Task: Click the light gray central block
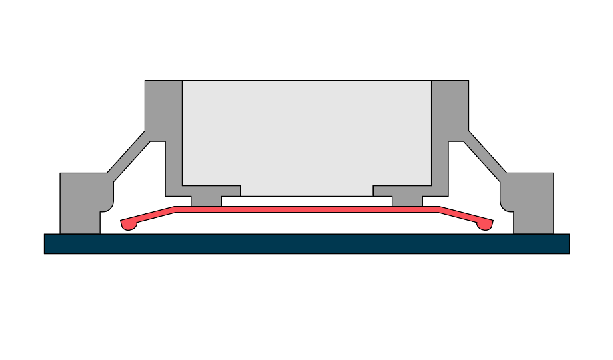pyautogui.click(x=306, y=133)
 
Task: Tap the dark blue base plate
pyautogui.click(x=306, y=243)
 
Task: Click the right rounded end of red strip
pyautogui.click(x=485, y=225)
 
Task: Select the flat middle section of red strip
pyautogui.click(x=306, y=209)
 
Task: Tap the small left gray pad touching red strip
pyautogui.click(x=206, y=201)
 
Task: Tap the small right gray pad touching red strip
pyautogui.click(x=407, y=201)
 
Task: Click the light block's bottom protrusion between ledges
pyautogui.click(x=306, y=191)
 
